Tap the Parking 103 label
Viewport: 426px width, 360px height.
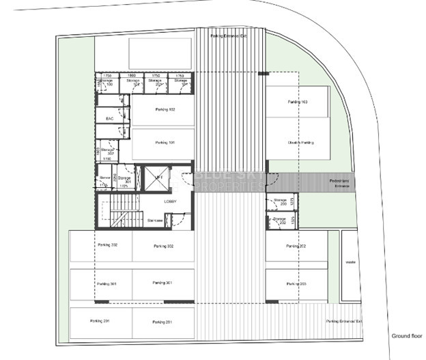point(298,102)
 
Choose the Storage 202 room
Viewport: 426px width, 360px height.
point(279,221)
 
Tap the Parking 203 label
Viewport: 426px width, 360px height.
point(297,283)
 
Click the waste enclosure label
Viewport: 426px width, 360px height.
point(351,262)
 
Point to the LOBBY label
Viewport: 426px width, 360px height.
point(170,202)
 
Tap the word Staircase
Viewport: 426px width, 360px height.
point(154,220)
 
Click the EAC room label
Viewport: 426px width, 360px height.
point(109,119)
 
